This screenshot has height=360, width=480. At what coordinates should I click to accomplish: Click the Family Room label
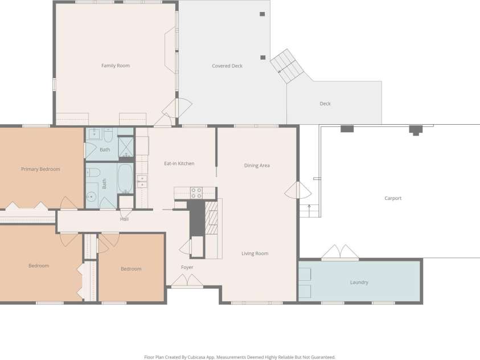tap(116, 66)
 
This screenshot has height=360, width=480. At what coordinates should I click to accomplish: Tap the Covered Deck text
tap(227, 66)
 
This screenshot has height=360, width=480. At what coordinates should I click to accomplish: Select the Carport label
tap(393, 198)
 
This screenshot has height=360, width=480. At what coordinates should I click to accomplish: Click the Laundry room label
tap(359, 282)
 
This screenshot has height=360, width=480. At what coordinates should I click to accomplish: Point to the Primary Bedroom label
tap(40, 169)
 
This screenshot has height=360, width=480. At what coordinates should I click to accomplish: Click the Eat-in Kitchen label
tap(179, 163)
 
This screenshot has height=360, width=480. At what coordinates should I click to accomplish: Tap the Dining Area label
tap(257, 165)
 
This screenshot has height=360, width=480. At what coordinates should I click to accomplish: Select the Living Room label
tap(255, 253)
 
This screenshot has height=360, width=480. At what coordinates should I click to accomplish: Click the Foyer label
tap(187, 267)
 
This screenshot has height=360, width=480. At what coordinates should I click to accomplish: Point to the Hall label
tap(124, 219)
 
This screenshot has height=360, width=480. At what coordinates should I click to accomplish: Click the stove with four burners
tap(196, 193)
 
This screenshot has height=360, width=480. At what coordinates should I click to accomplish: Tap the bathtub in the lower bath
tap(125, 179)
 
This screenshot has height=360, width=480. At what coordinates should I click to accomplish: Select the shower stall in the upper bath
tap(126, 147)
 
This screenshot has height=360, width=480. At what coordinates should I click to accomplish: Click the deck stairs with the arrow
tap(287, 66)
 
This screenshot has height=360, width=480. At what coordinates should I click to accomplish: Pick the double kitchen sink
tap(141, 181)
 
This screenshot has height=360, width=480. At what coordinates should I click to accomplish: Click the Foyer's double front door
tap(187, 281)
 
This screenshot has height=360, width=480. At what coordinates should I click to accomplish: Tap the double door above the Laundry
tap(340, 252)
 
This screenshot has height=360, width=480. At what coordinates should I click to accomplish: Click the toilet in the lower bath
tap(93, 173)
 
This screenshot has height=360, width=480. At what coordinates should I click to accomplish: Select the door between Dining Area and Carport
tap(298, 190)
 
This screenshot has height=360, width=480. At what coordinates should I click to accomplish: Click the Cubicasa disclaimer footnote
tap(240, 357)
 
